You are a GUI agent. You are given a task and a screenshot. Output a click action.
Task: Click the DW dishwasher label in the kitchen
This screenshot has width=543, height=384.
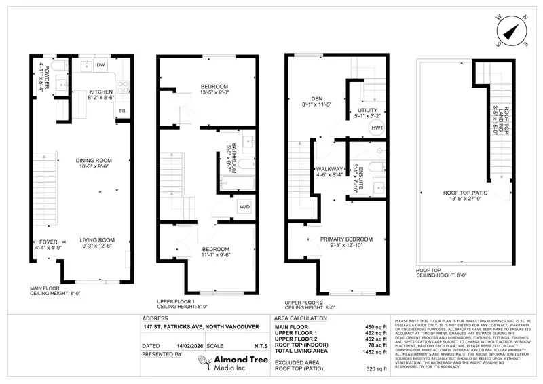coord(99,66)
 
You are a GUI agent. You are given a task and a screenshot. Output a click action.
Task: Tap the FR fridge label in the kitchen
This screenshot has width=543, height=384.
coord(122,109)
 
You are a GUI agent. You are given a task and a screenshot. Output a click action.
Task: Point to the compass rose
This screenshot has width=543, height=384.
coord(512,29)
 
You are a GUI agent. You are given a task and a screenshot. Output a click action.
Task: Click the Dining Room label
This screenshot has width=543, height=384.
coord(94,160)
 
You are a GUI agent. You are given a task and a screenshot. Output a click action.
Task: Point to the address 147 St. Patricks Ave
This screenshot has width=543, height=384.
coord(201,327)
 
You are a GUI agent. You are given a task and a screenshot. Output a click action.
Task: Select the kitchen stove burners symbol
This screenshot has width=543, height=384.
coord(123,86)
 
